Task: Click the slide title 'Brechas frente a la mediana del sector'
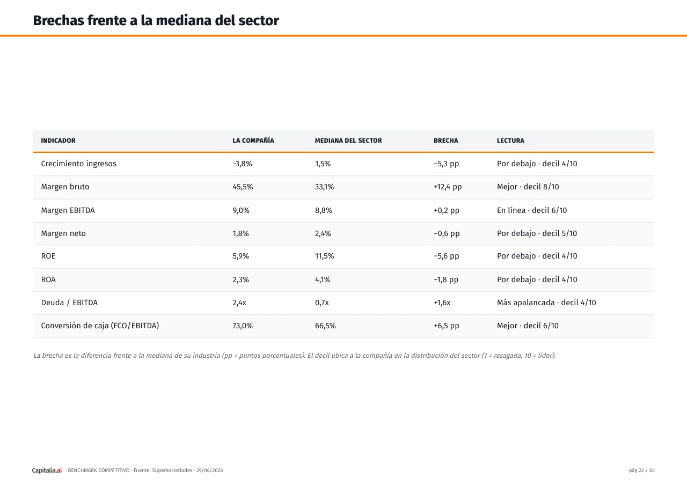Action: (156, 20)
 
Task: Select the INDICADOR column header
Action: (59, 141)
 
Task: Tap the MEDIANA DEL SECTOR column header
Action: (348, 141)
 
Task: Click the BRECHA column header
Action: (445, 141)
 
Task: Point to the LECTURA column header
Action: (510, 141)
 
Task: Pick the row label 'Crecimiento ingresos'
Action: (79, 164)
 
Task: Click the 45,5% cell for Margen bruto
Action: (243, 187)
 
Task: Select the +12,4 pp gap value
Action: (448, 187)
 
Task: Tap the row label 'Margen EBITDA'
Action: (68, 210)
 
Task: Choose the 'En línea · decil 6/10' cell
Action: (532, 210)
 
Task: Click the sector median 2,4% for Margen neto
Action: (323, 233)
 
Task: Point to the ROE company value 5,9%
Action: (241, 256)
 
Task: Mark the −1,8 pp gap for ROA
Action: (446, 279)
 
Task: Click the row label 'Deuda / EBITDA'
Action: (69, 303)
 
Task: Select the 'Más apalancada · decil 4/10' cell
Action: (546, 303)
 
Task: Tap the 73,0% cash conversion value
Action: (243, 326)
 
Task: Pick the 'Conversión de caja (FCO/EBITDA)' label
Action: (100, 326)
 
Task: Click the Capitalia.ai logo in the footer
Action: (47, 470)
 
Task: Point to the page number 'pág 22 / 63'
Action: (641, 470)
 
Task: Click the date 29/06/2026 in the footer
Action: (209, 470)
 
